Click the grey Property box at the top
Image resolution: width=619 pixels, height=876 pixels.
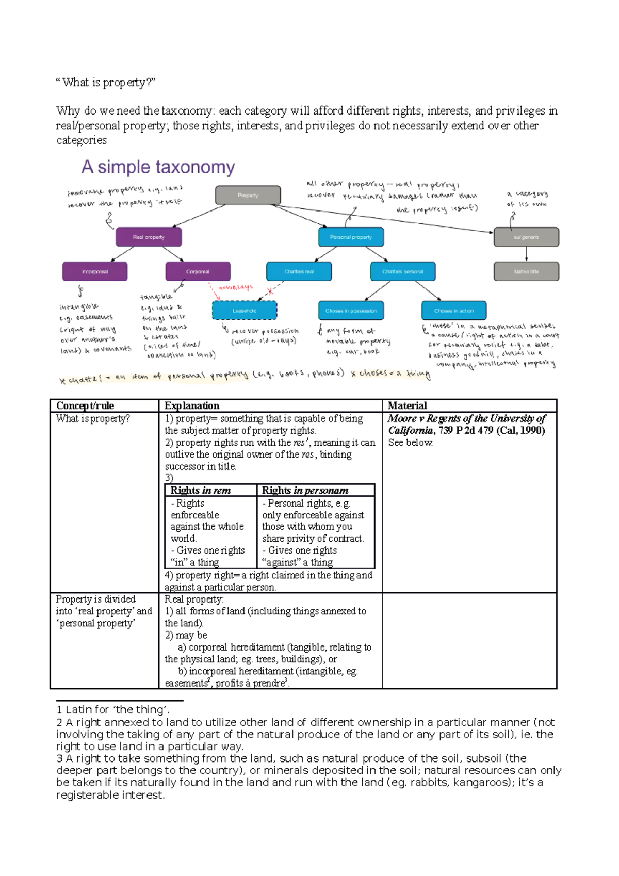coord(248,195)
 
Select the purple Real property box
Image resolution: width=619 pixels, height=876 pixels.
coord(149,237)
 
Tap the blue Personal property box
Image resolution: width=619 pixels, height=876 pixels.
coord(351,237)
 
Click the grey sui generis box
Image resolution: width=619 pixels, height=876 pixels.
coord(526,237)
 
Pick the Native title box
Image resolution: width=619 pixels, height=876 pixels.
coord(526,271)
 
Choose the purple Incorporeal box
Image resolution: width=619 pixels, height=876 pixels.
coord(95,271)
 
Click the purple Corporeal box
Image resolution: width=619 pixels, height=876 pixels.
coord(198,271)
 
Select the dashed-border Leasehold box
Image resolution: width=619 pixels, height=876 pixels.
coord(245,311)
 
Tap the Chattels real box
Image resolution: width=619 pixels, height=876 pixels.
coord(299,271)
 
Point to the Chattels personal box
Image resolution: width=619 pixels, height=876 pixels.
coord(403,271)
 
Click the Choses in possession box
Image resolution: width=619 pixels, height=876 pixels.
coord(351,311)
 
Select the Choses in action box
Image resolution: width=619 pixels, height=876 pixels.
coord(453,311)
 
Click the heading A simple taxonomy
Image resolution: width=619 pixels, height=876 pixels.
coord(158,167)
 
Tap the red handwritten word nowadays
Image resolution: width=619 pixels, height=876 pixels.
coord(236,287)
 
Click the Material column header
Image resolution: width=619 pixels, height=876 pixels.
coord(408,406)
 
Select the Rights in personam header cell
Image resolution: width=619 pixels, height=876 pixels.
coord(305,490)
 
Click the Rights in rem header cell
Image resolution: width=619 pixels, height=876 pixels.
coord(201,490)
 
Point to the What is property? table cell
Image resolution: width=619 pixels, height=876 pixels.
coord(93,419)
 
